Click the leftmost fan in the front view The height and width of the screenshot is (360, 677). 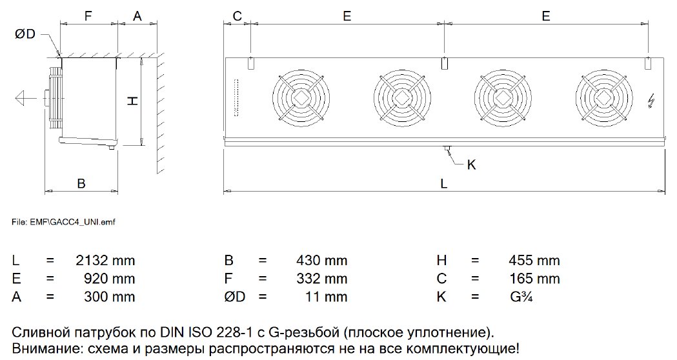pyautogui.click(x=301, y=98)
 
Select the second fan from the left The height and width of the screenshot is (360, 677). pyautogui.click(x=402, y=98)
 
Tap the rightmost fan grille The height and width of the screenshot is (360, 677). pyautogui.click(x=604, y=98)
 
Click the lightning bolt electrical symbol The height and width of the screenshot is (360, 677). pyautogui.click(x=652, y=102)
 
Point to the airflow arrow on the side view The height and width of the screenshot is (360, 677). pyautogui.click(x=26, y=98)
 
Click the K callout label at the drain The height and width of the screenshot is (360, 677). pyautogui.click(x=472, y=165)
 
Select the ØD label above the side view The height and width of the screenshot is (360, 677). pyautogui.click(x=25, y=34)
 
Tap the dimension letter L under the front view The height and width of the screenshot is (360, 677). pyautogui.click(x=444, y=184)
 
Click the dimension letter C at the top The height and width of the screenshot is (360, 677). pyautogui.click(x=237, y=16)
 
